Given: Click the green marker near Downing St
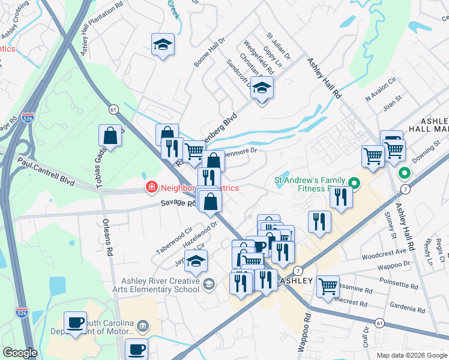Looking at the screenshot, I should click(405, 175).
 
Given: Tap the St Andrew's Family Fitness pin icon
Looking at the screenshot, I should click(354, 184).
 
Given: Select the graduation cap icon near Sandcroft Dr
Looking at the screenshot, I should click(262, 88).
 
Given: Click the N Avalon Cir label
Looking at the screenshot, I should click(381, 89).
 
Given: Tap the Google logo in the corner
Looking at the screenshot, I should click(20, 353).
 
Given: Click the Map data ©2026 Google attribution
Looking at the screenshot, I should click(411, 355).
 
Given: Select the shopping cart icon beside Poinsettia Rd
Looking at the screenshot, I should click(328, 286).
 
